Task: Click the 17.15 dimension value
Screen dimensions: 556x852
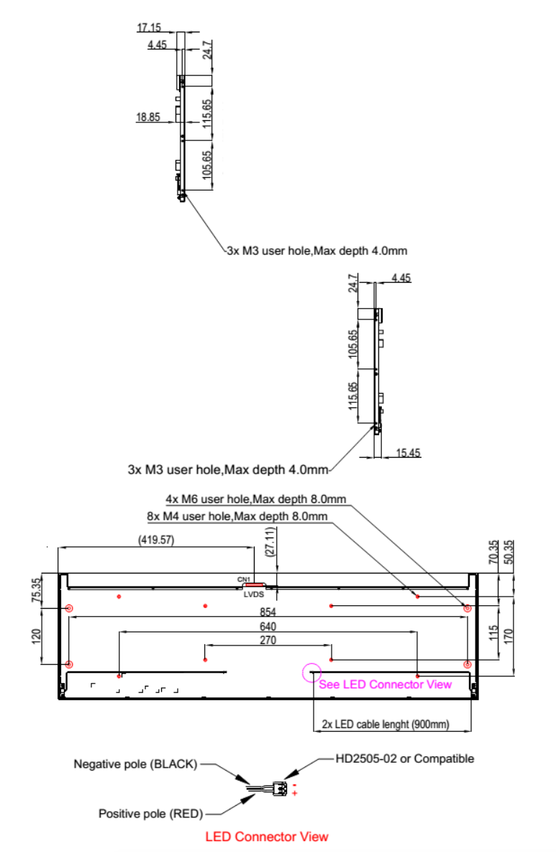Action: [x=149, y=27]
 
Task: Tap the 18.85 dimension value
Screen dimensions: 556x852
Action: [x=147, y=117]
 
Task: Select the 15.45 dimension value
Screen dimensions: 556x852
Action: [x=408, y=453]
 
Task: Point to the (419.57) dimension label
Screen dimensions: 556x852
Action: [x=156, y=540]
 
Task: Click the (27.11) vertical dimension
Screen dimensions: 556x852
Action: [x=270, y=542]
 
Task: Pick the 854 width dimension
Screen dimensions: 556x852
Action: [x=268, y=612]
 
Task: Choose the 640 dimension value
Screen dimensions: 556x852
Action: [x=268, y=627]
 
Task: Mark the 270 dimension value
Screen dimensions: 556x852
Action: [x=268, y=640]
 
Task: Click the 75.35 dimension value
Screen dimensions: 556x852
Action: [x=36, y=589]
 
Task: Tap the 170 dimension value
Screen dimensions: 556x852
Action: [x=509, y=636]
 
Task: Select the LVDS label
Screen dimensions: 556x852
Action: [x=254, y=594]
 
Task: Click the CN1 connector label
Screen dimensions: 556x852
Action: [x=244, y=580]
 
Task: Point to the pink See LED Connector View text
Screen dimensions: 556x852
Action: [x=385, y=684]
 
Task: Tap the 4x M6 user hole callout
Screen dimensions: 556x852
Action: [x=256, y=499]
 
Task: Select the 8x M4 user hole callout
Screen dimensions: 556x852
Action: [x=237, y=516]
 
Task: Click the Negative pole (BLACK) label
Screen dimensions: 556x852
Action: [x=135, y=764]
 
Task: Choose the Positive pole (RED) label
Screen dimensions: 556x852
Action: [x=150, y=813]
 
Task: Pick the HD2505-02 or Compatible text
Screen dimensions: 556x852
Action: [x=404, y=758]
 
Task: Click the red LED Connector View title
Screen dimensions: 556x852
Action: [x=267, y=837]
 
